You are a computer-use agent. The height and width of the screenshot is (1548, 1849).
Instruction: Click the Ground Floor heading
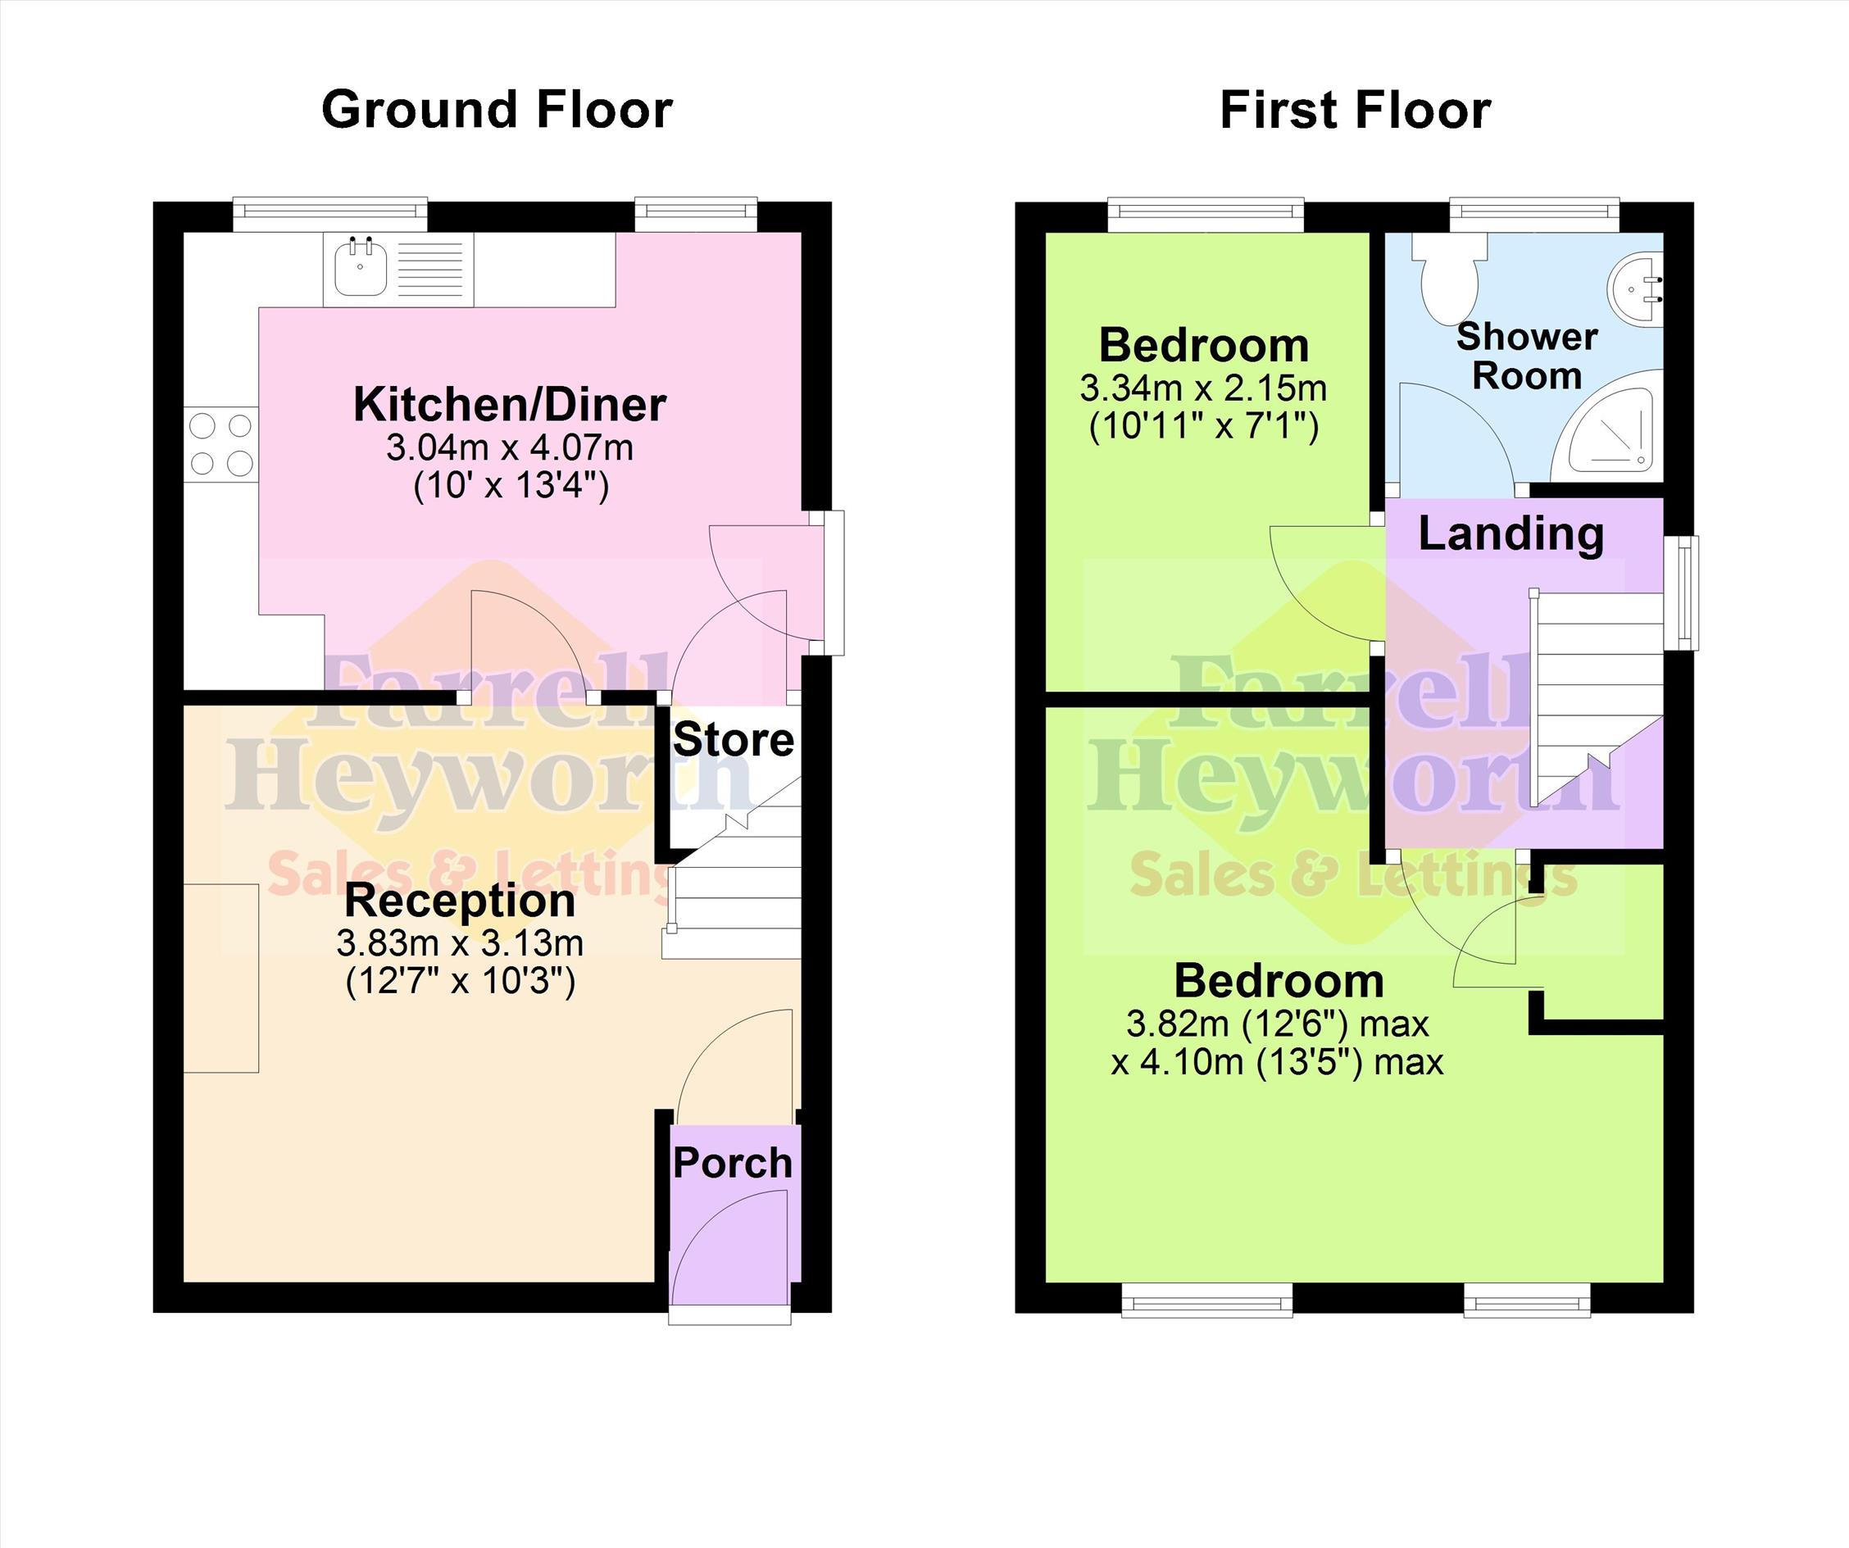click(497, 110)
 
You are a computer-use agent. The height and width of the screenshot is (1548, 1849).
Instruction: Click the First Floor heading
click(1355, 110)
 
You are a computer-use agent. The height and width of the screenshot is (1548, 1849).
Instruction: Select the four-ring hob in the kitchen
click(221, 444)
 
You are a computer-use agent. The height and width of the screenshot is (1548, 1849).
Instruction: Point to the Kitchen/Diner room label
click(510, 404)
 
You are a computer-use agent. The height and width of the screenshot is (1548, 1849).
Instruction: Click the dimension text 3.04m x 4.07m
click(510, 447)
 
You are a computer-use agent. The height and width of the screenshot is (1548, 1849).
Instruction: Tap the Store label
click(734, 740)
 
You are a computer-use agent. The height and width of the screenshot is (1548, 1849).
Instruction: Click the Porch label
click(733, 1162)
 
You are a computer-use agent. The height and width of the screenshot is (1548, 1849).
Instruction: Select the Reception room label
click(460, 900)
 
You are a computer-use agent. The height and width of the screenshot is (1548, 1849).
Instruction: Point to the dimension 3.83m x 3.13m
click(460, 943)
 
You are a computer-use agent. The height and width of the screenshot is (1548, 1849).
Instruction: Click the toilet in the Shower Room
click(1448, 277)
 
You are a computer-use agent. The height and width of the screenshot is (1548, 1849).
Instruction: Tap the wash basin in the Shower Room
click(1636, 288)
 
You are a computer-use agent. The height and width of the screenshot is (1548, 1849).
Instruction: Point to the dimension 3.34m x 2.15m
click(1204, 388)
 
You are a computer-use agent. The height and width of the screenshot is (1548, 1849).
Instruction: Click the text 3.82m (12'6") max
click(1278, 1024)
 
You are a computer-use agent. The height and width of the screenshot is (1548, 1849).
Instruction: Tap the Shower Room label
click(1527, 356)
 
